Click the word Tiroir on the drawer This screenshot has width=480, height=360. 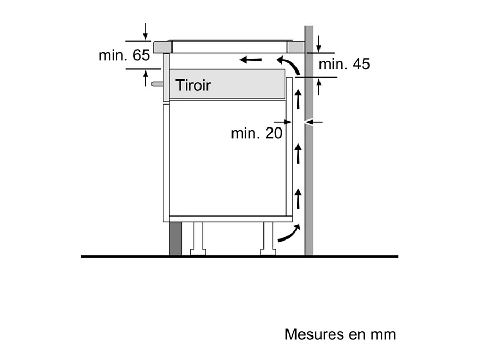pos(194,85)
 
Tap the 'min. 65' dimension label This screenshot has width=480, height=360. pos(124,55)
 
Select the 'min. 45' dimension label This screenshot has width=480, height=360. pos(344,65)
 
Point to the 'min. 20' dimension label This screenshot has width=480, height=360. pos(256,133)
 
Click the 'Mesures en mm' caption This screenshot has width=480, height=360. pos(340,334)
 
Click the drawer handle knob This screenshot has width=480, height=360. pos(156,84)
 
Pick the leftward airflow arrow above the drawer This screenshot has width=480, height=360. pos(251,59)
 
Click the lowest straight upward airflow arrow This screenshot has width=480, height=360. pos(298,198)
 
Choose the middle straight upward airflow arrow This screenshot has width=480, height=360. pos(298,154)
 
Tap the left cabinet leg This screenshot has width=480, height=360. pos(198,238)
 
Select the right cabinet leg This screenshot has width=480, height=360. pos(268,238)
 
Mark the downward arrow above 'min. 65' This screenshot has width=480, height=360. pos(146,31)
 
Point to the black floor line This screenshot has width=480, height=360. pos(240,257)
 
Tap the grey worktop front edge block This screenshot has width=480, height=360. pos(161,47)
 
